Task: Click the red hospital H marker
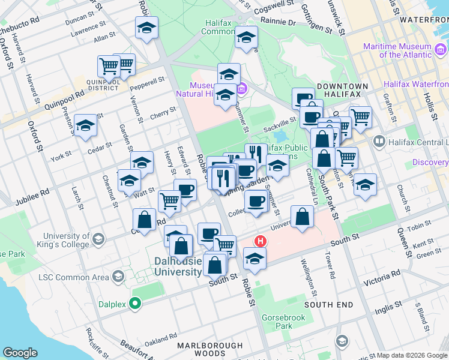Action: tap(261, 241)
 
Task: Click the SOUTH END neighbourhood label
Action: tap(328, 305)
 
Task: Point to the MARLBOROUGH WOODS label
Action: tap(210, 350)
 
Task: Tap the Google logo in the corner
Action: tap(20, 353)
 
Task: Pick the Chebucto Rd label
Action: tap(20, 28)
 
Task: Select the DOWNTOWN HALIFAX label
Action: tap(339, 91)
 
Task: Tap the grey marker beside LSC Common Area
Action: tap(119, 276)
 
